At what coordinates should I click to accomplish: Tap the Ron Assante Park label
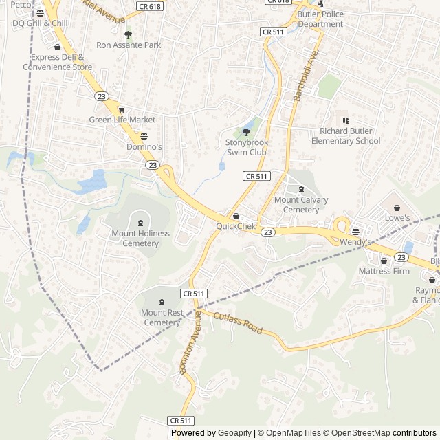129,45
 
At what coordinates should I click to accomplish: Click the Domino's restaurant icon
144,136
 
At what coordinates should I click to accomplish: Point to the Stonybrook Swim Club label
247,146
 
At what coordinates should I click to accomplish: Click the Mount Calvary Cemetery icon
301,189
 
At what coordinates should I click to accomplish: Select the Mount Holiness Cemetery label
140,238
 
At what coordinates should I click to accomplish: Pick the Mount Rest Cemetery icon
162,302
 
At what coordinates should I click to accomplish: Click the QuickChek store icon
236,217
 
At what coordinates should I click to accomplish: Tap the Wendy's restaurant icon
355,232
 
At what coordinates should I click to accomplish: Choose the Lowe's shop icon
397,208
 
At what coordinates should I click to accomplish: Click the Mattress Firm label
384,271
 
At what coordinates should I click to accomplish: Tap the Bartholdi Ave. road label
307,76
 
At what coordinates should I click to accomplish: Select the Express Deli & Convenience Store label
57,63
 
